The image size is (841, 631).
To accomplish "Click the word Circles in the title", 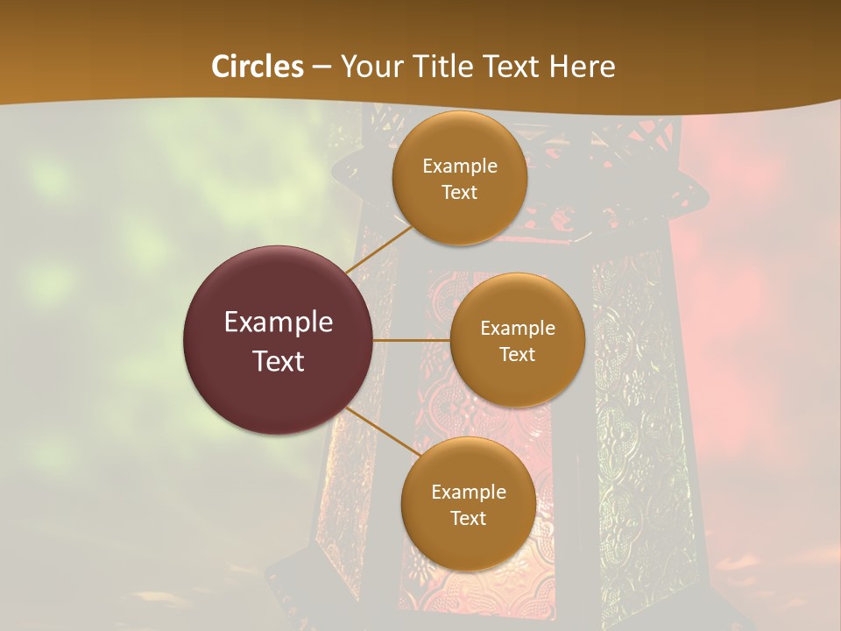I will point(258,67).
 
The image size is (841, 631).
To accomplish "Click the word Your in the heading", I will point(372,67).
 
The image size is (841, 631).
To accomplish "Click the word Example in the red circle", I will point(279,323).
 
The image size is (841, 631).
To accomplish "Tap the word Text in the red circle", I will point(279,361).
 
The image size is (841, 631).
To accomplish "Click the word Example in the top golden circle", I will point(459,167).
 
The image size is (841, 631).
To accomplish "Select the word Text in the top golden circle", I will point(459,193).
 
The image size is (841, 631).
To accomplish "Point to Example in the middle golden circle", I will point(517,329).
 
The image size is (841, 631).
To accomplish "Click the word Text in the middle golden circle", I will point(517,355).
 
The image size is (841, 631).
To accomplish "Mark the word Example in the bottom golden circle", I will point(468,493).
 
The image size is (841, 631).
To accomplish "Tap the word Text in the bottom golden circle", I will point(468,519).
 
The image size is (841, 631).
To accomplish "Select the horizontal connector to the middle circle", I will point(412,340).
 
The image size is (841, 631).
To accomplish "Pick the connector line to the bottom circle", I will point(382,430).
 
